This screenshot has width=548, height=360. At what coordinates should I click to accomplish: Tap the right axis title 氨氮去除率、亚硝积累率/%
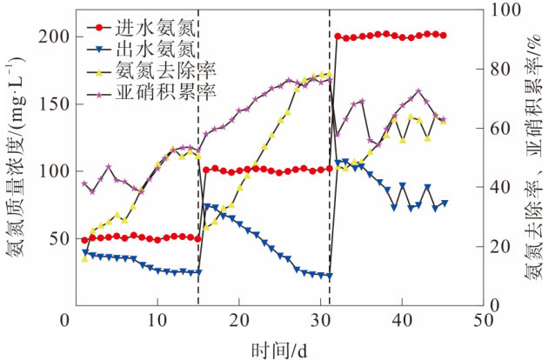530,157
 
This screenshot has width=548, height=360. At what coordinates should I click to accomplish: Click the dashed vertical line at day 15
198,174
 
